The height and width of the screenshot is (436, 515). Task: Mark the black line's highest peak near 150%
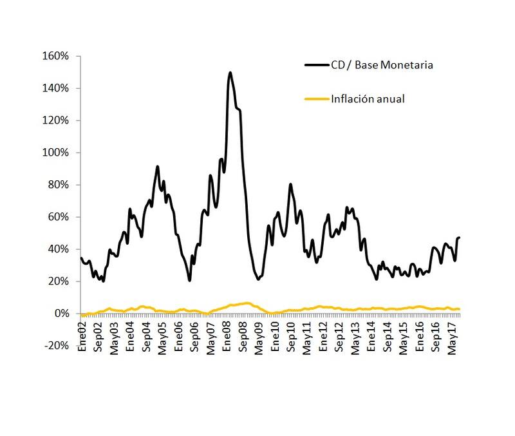point(230,73)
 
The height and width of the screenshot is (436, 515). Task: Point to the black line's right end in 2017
point(460,238)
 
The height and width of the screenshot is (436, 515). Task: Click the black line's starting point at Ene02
point(81,258)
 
